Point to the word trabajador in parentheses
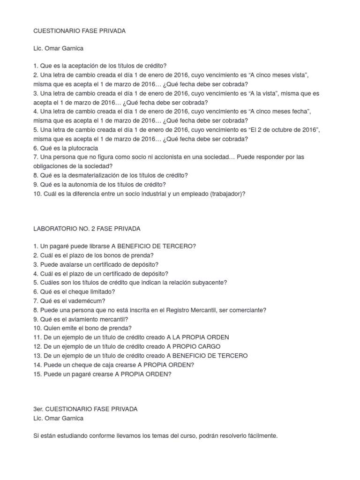tap(221, 193)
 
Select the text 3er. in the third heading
tap(39, 409)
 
